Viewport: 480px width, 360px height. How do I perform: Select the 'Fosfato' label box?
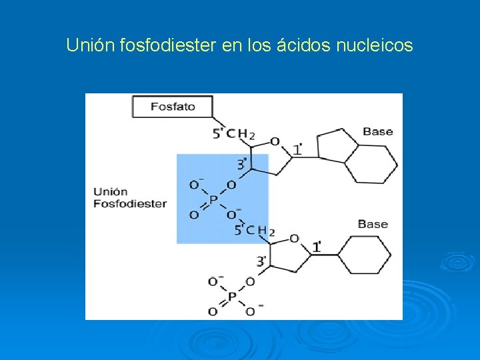tap(173, 107)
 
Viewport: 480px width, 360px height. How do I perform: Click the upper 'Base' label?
tap(377, 131)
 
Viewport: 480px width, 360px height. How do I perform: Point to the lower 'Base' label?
tap(373, 224)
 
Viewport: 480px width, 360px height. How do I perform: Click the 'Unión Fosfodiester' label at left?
tap(129, 198)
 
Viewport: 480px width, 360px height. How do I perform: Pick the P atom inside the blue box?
tap(213, 199)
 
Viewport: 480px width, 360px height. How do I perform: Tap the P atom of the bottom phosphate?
tap(231, 297)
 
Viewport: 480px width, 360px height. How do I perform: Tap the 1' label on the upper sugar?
tap(298, 149)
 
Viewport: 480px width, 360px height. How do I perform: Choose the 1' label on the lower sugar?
tap(317, 247)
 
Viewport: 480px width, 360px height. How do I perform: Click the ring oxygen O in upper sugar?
tap(274, 141)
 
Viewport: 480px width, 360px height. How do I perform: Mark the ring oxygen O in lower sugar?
tap(294, 239)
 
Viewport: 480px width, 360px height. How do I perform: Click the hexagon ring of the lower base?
tap(364, 255)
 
